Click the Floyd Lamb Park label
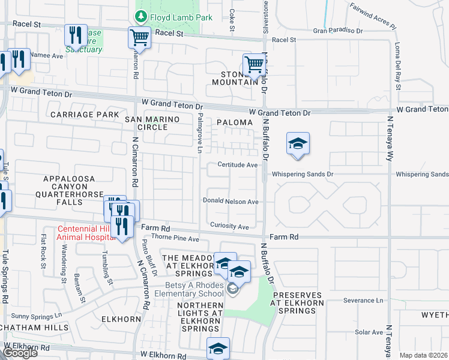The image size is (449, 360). [181, 18]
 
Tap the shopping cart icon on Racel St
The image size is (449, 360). [139, 37]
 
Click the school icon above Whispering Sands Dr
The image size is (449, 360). [298, 144]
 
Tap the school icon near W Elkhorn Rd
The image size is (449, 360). [218, 349]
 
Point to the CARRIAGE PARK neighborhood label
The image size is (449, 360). [85, 114]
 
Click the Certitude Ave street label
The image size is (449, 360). [237, 164]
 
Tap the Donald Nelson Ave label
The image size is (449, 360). [231, 202]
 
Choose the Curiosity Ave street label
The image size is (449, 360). [229, 227]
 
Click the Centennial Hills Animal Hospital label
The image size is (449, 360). [86, 233]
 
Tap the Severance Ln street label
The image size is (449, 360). [363, 300]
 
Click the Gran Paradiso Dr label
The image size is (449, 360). [338, 31]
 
